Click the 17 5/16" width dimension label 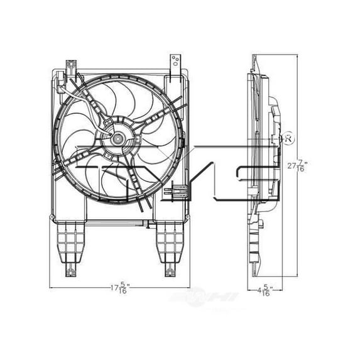119,288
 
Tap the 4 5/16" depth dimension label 265,291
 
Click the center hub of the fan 116,136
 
